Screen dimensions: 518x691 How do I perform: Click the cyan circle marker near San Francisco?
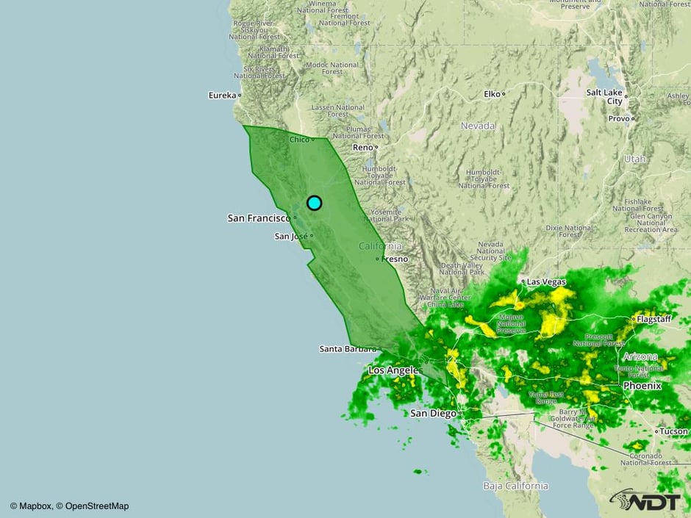pyautogui.click(x=314, y=203)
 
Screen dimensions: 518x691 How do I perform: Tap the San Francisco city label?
pyautogui.click(x=259, y=218)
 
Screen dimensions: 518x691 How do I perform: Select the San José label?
pyautogui.click(x=291, y=237)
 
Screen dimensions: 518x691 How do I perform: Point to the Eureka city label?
pyautogui.click(x=222, y=95)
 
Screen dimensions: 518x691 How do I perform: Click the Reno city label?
pyautogui.click(x=363, y=148)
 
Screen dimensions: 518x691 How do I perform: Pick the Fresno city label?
pyautogui.click(x=393, y=259)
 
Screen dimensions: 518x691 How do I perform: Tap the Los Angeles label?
pyautogui.click(x=393, y=370)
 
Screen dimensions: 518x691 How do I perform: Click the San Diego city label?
pyautogui.click(x=433, y=414)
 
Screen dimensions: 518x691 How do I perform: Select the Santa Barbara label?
pyautogui.click(x=348, y=349)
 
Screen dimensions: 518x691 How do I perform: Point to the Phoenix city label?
pyautogui.click(x=642, y=386)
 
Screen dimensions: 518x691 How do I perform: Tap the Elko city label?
pyautogui.click(x=492, y=94)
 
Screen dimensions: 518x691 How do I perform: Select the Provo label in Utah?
pyautogui.click(x=618, y=118)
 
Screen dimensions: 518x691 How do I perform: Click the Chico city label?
pyautogui.click(x=299, y=140)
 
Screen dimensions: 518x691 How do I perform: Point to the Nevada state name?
pyautogui.click(x=478, y=126)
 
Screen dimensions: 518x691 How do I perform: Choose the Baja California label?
pyautogui.click(x=515, y=486)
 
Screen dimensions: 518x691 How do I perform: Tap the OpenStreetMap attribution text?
pyautogui.click(x=97, y=506)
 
